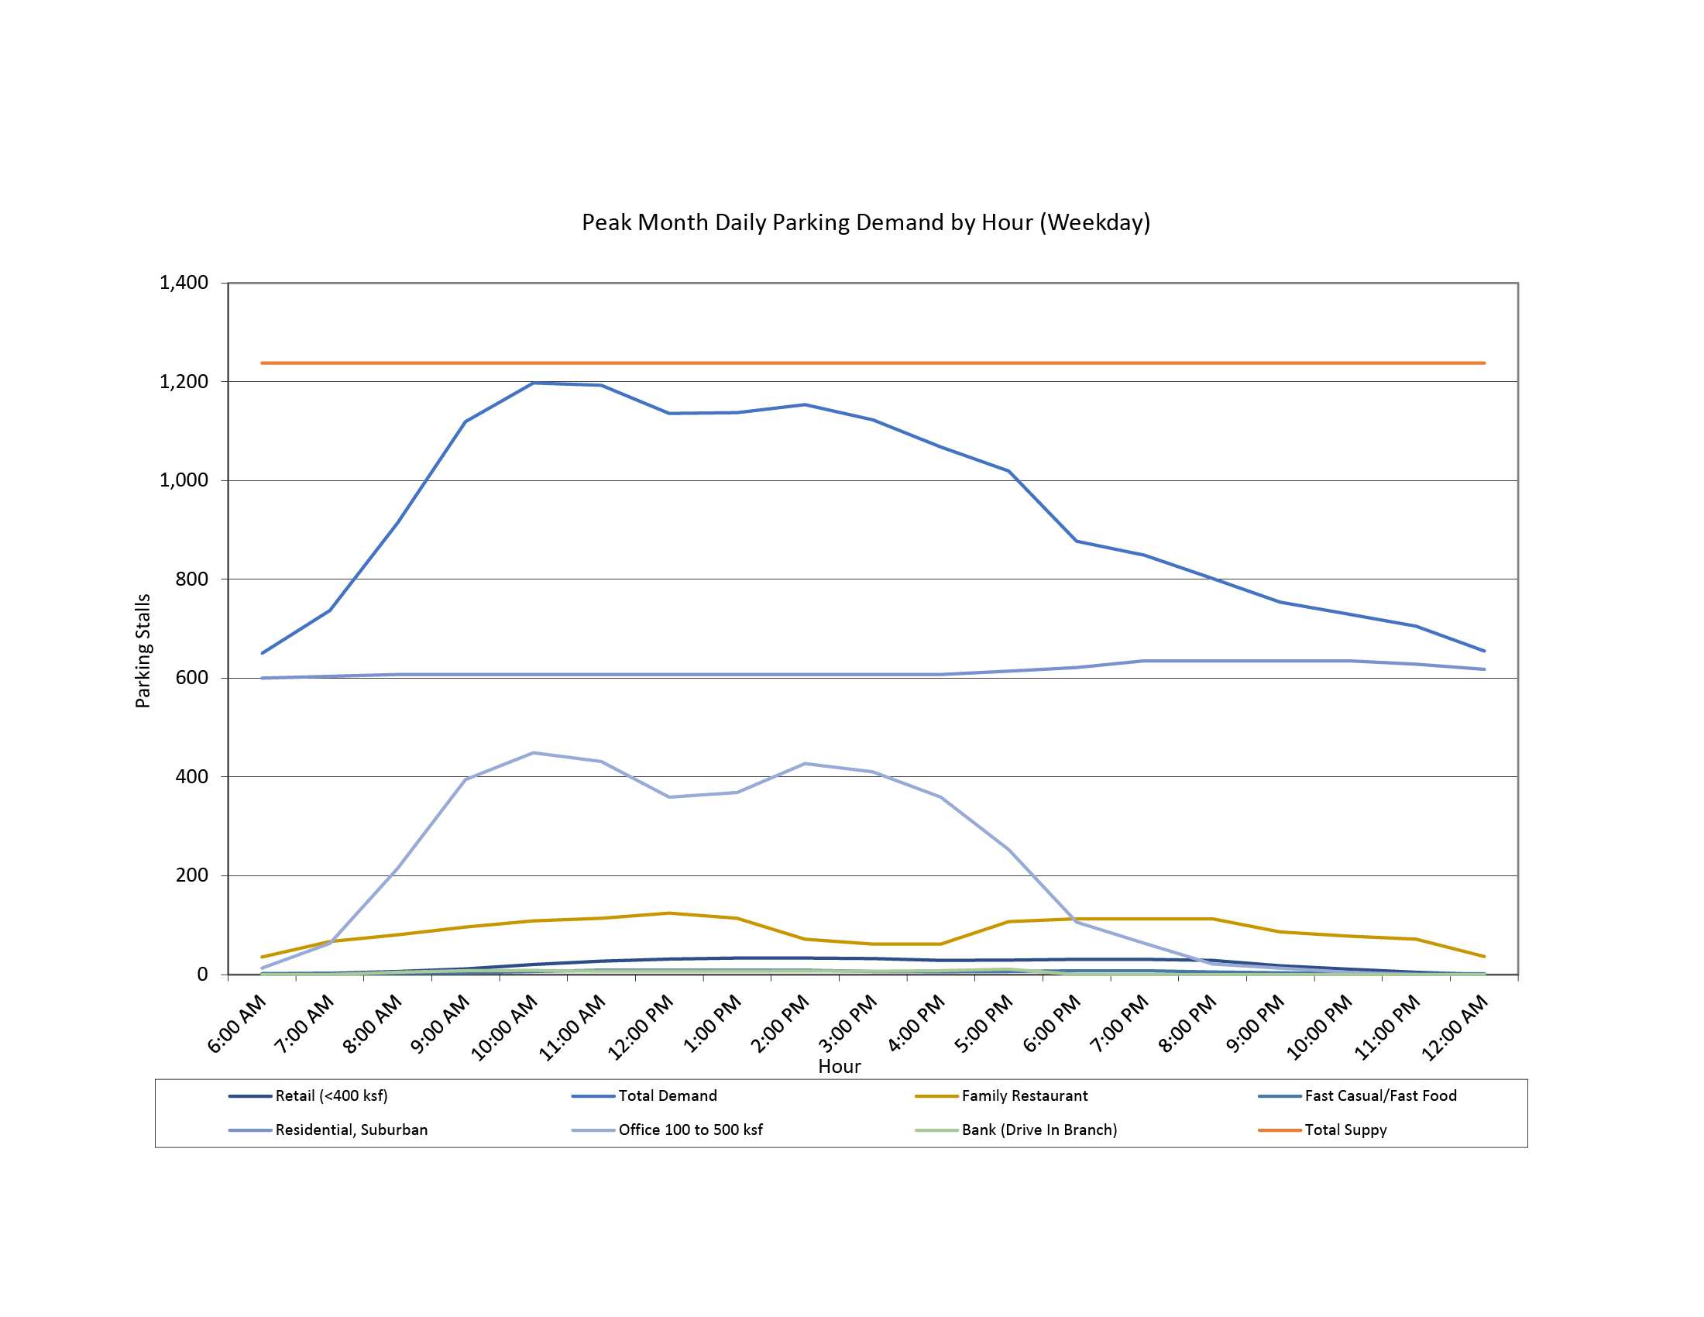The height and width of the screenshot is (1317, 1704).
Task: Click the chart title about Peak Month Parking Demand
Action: (x=865, y=222)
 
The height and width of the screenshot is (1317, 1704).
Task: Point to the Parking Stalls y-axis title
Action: (x=143, y=651)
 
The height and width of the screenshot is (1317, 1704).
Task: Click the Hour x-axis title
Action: (x=840, y=1067)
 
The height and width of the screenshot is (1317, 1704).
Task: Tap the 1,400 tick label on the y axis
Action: (x=184, y=283)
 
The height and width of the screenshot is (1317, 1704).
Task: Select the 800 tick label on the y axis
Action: (x=192, y=579)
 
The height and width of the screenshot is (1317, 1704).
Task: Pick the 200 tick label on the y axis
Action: (x=192, y=875)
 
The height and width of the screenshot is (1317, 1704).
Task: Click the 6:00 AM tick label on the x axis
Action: (x=237, y=1024)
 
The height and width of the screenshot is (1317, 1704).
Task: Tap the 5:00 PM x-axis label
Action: (x=984, y=1024)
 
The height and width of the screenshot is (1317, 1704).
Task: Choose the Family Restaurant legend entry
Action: (x=1024, y=1095)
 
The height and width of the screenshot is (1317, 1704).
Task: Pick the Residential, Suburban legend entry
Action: (x=351, y=1130)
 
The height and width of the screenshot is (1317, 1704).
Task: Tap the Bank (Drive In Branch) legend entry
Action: (x=1039, y=1130)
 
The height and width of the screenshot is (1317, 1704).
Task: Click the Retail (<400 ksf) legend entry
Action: (x=331, y=1095)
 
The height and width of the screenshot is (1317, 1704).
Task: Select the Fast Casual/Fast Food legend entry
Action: (x=1380, y=1095)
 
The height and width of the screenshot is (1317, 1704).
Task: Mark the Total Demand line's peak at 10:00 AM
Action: (x=534, y=383)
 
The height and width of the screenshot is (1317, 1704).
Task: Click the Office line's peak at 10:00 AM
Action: (x=534, y=753)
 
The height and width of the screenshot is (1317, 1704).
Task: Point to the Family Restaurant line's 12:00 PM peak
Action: (x=669, y=913)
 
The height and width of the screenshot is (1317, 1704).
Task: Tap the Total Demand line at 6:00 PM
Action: (x=1077, y=541)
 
